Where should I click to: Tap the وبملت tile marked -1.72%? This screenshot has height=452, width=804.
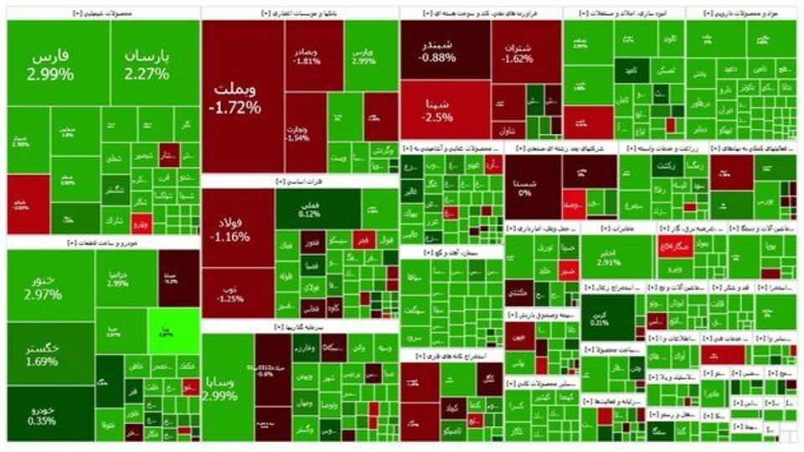239,96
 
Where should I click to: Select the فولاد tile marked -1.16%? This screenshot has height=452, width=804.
237,230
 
